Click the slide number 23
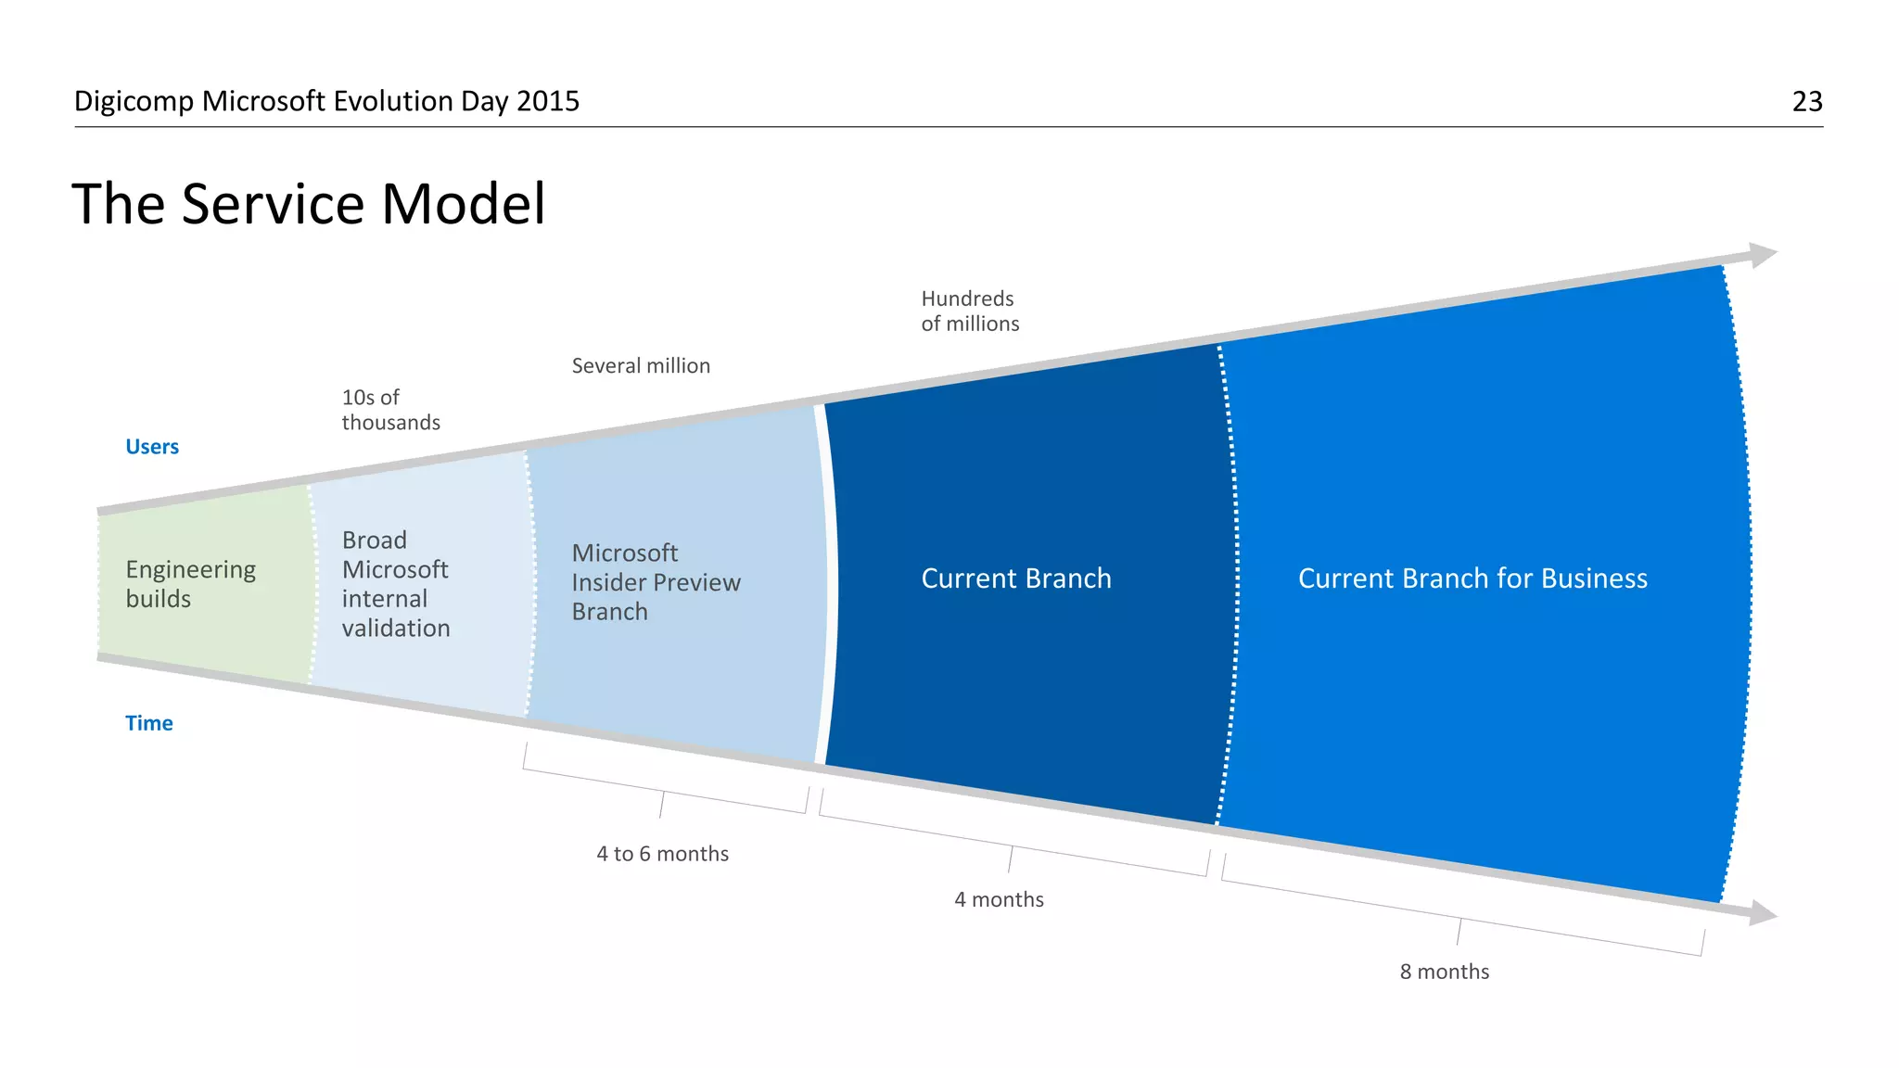(1806, 101)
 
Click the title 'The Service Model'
(308, 204)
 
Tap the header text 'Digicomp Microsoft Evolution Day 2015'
(326, 101)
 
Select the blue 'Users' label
(152, 447)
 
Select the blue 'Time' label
(148, 723)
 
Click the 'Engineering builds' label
(190, 584)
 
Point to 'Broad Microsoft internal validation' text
(395, 584)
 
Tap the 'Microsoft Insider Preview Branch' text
(656, 582)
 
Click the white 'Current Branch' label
(1015, 578)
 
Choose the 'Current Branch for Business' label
(1472, 578)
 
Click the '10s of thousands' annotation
(389, 410)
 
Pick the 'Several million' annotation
(641, 366)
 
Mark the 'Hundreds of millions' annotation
(969, 311)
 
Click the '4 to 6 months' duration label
(662, 854)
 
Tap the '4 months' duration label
(999, 899)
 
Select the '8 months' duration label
(1444, 972)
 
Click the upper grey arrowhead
(1761, 255)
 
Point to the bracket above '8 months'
(1460, 919)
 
